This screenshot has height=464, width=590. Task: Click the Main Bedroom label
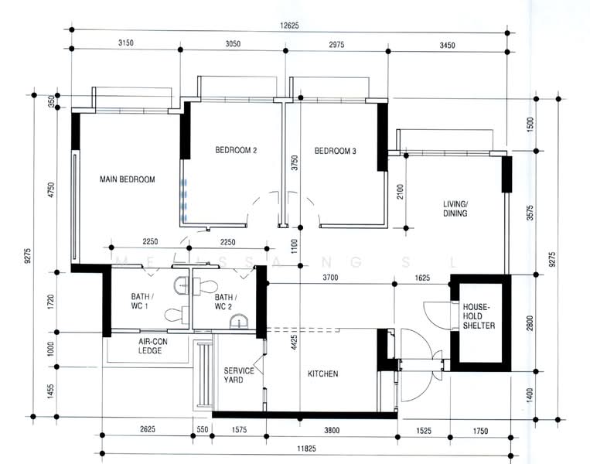[x=127, y=179]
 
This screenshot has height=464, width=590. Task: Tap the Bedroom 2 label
[x=236, y=150]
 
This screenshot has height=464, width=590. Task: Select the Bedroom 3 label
[x=336, y=151]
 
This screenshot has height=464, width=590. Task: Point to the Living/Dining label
[x=455, y=209]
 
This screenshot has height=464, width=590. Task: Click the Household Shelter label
[x=479, y=316]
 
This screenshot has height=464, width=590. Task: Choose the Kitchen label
[x=323, y=374]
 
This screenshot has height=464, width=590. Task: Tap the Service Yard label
[x=239, y=375]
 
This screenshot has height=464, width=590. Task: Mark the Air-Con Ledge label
[x=152, y=346]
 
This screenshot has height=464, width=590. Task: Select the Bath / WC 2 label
[x=226, y=302]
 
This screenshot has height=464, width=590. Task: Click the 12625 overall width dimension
[x=289, y=26]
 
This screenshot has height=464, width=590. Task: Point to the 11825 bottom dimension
[x=307, y=449]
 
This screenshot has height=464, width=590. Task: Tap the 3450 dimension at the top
[x=448, y=46]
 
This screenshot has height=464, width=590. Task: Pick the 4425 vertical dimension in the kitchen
[x=295, y=343]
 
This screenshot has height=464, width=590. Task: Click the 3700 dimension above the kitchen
[x=330, y=278]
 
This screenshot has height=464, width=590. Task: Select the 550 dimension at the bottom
[x=203, y=429]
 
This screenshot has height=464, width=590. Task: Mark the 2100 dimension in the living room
[x=400, y=192]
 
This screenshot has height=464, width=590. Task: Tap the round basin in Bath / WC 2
[x=239, y=322]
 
